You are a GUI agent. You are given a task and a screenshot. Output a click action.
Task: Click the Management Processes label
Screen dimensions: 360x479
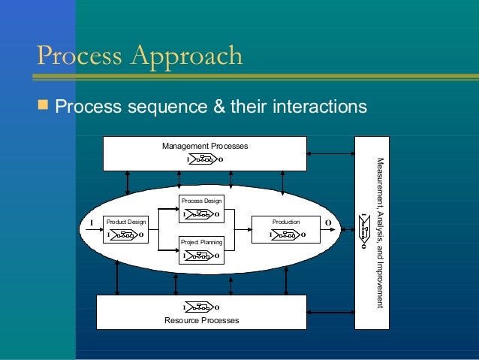tap(204, 145)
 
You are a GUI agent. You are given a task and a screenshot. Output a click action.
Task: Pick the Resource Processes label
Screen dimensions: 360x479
tap(201, 321)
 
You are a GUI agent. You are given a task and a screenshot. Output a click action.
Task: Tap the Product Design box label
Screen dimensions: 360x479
tap(125, 222)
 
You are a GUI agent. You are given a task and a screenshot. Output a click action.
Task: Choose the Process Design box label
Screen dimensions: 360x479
tap(201, 201)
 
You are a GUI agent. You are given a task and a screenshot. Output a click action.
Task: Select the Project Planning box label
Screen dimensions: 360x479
tap(201, 243)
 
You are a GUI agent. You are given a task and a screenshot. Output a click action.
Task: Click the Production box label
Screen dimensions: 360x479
tap(286, 222)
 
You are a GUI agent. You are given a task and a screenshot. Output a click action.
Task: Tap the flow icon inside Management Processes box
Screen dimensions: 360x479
tap(203, 159)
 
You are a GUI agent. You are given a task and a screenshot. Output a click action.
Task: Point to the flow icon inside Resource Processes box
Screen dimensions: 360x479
tap(200, 307)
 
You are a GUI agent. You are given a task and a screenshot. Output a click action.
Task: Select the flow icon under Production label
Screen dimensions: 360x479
tap(288, 235)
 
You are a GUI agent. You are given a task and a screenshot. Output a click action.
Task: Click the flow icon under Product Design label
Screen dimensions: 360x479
tap(125, 235)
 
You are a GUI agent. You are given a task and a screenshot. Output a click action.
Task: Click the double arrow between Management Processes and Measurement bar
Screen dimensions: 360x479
tap(330, 154)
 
